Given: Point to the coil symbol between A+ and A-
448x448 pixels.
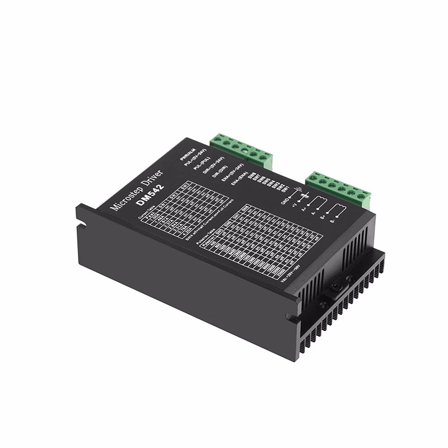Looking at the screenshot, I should pyautogui.click(x=317, y=203).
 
